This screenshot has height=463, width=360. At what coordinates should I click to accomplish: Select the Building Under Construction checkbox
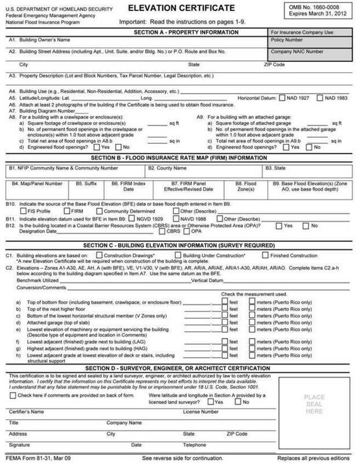point(179,255)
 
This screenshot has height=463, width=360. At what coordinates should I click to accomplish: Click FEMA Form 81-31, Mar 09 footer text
point(33,457)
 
